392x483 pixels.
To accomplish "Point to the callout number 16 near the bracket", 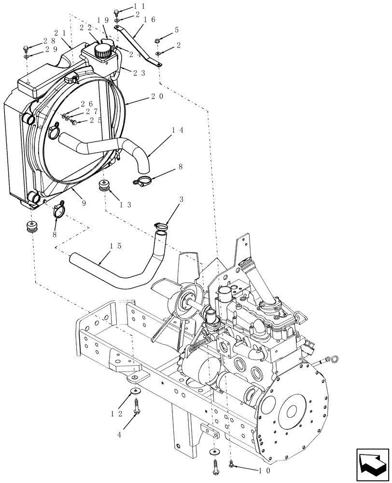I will (x=149, y=20).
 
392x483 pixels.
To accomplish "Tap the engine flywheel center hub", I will (x=291, y=411).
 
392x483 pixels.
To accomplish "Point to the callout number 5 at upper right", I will (x=177, y=30).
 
